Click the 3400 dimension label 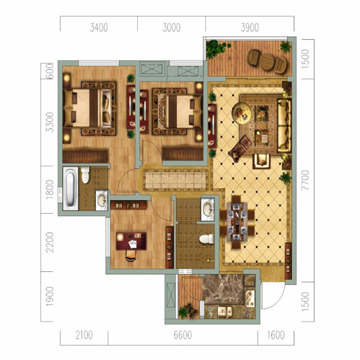[99, 28]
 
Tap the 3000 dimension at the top [171, 28]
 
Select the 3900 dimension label [250, 28]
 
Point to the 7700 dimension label [305, 180]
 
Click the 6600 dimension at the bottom [182, 335]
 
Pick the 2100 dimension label [84, 335]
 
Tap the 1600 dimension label [276, 335]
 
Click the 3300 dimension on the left [50, 122]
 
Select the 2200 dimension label [50, 242]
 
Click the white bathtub [70, 188]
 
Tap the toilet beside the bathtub [85, 175]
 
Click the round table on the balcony [266, 62]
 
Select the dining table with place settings [237, 221]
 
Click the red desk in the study [131, 241]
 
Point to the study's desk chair [131, 256]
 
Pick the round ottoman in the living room [242, 112]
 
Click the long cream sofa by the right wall [284, 125]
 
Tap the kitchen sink [225, 312]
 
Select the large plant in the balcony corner [215, 49]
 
